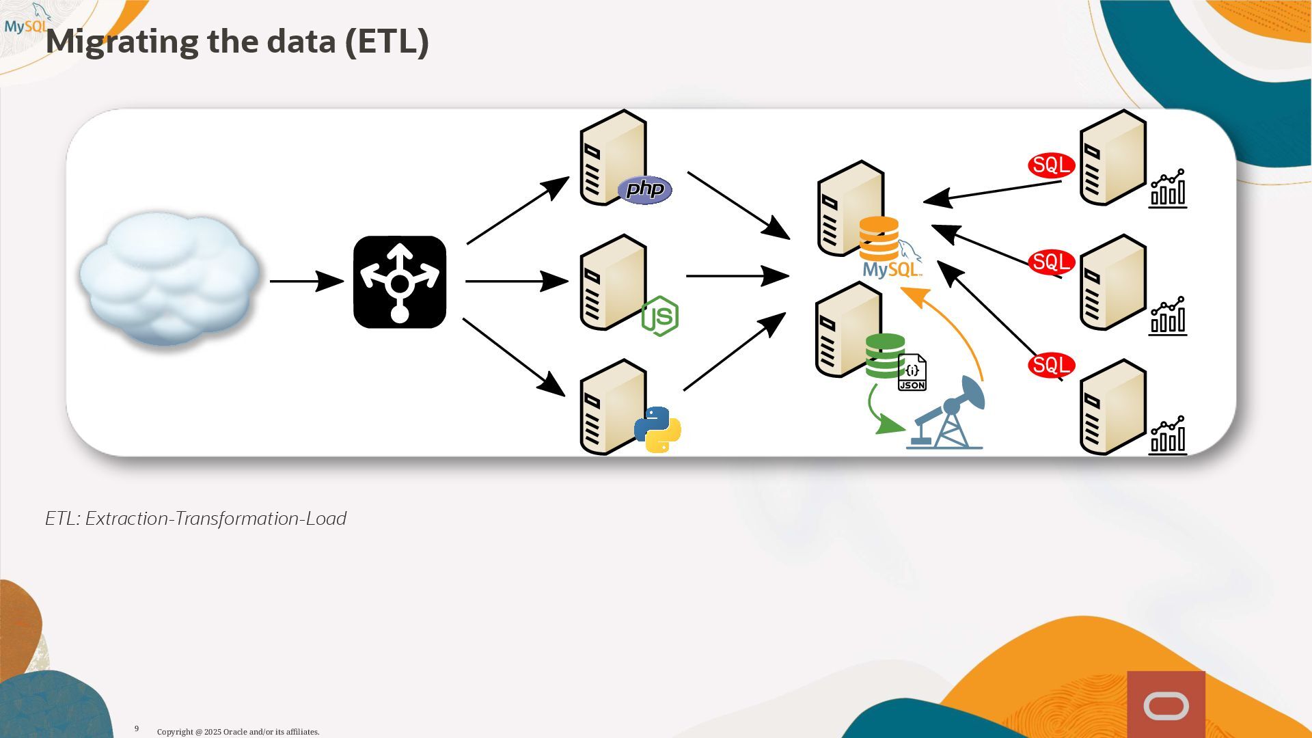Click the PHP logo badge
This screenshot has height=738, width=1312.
644,189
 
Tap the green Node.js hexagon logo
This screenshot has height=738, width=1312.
660,316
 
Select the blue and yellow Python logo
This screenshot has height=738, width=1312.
657,430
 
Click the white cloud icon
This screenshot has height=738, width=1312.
169,278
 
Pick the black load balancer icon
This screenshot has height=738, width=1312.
400,282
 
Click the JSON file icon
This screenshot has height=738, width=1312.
912,372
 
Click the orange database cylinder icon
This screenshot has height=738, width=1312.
879,237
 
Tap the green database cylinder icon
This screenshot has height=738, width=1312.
884,355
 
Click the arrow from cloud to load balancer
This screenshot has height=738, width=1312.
305,281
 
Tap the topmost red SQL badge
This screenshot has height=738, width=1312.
1051,165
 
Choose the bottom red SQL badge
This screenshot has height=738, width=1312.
1051,365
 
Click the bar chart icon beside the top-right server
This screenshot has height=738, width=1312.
1168,189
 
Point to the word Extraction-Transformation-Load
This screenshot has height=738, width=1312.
215,519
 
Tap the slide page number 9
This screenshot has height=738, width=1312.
137,728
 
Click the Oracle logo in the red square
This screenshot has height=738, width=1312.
1166,707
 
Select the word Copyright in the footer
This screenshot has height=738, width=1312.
175,732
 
